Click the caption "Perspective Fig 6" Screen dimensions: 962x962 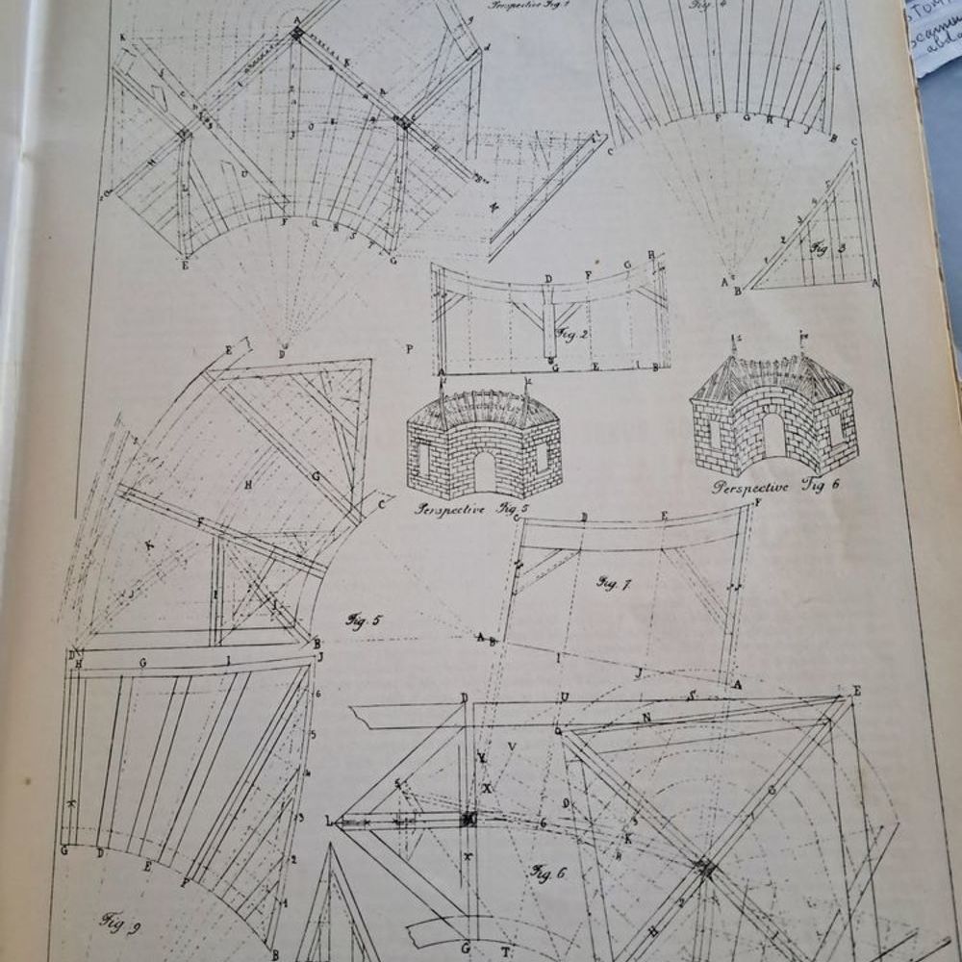coord(775,486)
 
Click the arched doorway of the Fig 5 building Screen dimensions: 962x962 coord(484,470)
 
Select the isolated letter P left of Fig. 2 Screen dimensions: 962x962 coord(409,348)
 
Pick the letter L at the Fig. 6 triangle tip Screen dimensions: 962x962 coord(329,821)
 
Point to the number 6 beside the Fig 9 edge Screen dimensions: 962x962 coord(316,694)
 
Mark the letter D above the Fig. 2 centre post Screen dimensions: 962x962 coord(548,279)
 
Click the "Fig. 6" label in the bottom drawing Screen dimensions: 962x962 coord(549,872)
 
